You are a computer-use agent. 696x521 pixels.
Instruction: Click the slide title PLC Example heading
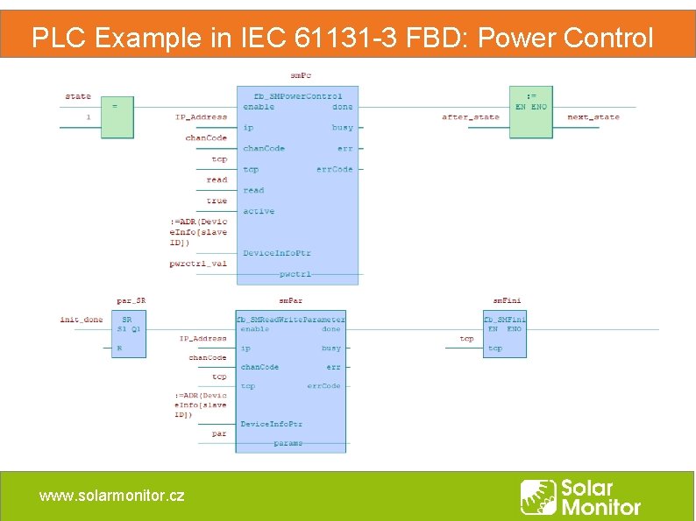click(342, 38)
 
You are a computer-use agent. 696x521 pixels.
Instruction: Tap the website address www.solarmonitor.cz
click(111, 496)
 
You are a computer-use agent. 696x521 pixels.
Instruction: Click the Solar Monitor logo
click(580, 496)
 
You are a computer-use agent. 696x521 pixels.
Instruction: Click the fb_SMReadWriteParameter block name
click(291, 320)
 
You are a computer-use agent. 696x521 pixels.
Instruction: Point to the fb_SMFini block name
click(505, 320)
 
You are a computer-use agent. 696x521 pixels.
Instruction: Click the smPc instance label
click(301, 75)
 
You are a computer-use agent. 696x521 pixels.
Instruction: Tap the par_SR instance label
click(131, 300)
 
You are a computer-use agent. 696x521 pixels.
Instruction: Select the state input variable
click(78, 96)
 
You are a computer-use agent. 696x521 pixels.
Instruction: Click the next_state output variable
click(593, 116)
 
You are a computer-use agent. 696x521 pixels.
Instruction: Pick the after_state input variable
click(471, 116)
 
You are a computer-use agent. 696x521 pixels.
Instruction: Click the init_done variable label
click(82, 320)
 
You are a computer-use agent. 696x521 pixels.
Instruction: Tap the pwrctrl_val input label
click(198, 264)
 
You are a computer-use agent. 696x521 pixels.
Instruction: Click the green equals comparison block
click(117, 112)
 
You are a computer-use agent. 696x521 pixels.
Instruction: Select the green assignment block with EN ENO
click(531, 112)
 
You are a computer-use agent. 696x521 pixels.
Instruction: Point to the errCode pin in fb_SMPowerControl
click(335, 169)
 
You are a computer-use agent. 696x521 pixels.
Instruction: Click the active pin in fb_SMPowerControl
click(259, 211)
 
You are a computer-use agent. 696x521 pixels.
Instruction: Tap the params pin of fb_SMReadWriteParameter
click(288, 443)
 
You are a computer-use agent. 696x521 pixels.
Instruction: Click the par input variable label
click(219, 433)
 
